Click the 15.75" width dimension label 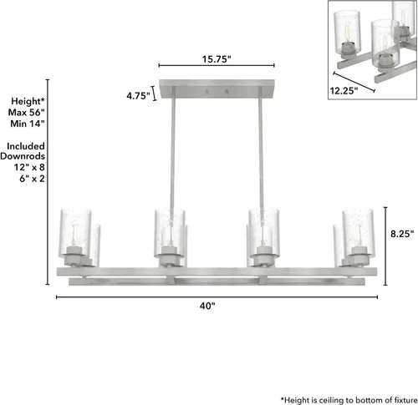pyautogui.click(x=217, y=59)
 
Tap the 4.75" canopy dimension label pyautogui.click(x=138, y=96)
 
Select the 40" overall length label pyautogui.click(x=207, y=306)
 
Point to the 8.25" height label pyautogui.click(x=402, y=234)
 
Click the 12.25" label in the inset pyautogui.click(x=344, y=91)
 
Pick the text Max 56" pyautogui.click(x=27, y=113)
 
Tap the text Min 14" pyautogui.click(x=28, y=124)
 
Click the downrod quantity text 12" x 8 pyautogui.click(x=29, y=167)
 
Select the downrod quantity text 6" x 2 pyautogui.click(x=32, y=179)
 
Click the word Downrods pyautogui.click(x=23, y=156)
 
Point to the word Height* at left pyautogui.click(x=28, y=101)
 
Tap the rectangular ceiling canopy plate pyautogui.click(x=217, y=89)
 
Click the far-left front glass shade pyautogui.click(x=75, y=233)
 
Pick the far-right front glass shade pyautogui.click(x=358, y=233)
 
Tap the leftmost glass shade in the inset pyautogui.click(x=347, y=32)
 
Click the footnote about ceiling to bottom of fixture pyautogui.click(x=349, y=400)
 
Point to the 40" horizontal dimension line pyautogui.click(x=217, y=297)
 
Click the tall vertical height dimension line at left pyautogui.click(x=48, y=182)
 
